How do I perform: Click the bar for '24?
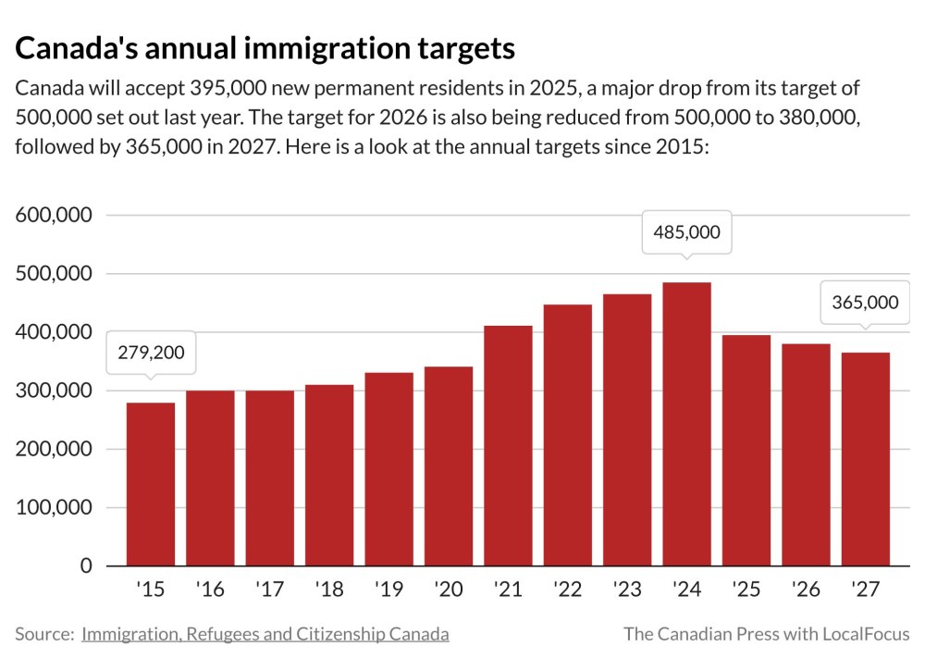pos(686,424)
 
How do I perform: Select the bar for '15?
pos(151,484)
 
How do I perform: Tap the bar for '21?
pos(508,445)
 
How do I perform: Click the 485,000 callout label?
pos(686,232)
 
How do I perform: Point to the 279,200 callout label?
pos(151,352)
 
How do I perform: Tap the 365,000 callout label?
pos(865,303)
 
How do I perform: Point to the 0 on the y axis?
pos(87,565)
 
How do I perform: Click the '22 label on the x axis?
pos(566,590)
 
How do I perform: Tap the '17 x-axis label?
pos(268,590)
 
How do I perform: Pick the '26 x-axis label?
pos(805,590)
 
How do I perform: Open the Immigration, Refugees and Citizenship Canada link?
pos(265,634)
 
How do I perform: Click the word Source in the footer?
pos(43,634)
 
